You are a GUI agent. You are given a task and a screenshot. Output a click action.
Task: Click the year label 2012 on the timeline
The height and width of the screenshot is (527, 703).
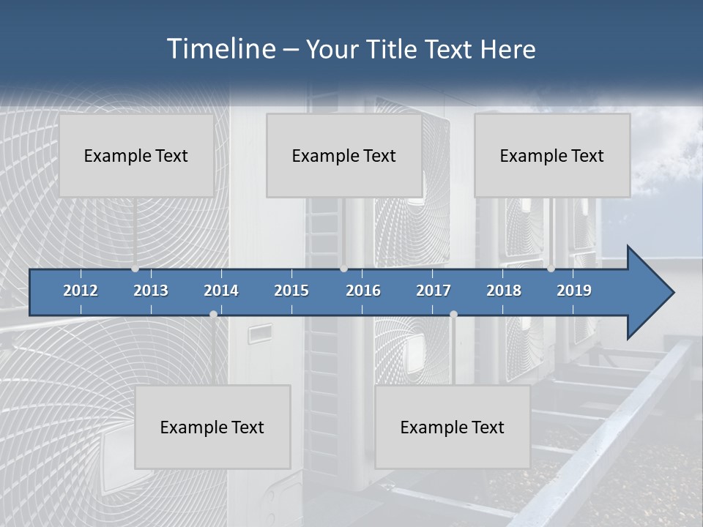tap(81, 291)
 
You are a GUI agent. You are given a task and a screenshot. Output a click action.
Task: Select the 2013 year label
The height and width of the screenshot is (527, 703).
tap(151, 291)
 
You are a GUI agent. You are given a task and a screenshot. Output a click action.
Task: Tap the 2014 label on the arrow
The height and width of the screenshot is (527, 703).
tap(221, 291)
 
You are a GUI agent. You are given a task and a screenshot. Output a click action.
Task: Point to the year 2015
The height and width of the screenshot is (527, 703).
tap(291, 291)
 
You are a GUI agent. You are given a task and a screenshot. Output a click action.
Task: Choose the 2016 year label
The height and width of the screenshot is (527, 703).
tap(363, 291)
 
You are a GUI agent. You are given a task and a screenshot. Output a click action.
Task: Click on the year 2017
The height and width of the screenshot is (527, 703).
tap(434, 291)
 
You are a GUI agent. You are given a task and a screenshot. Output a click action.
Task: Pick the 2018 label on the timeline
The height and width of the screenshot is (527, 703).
tap(504, 291)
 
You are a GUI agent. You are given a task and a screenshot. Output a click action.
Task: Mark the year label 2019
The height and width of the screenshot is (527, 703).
tap(574, 291)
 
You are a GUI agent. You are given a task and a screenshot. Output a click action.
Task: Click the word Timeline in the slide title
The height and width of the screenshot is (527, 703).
tap(220, 48)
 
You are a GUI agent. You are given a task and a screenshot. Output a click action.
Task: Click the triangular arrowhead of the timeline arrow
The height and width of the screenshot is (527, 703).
tap(649, 293)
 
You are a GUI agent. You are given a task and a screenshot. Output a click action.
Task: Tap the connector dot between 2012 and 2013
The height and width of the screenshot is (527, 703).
tap(135, 269)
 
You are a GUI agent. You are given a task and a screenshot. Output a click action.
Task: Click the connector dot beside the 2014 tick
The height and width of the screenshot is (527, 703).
tap(213, 315)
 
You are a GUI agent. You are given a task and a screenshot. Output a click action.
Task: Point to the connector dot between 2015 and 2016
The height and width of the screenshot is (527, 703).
tap(343, 269)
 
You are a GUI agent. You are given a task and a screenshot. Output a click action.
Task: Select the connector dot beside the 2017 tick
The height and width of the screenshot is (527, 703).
tap(453, 315)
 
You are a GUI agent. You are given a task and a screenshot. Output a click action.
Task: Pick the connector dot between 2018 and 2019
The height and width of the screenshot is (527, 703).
tap(551, 269)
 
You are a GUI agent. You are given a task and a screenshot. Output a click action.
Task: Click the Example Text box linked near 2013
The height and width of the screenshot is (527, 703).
tap(136, 155)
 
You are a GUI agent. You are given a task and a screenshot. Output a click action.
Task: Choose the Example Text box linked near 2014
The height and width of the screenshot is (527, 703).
tap(212, 427)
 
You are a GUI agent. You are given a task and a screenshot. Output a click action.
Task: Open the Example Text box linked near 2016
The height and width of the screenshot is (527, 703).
tap(344, 155)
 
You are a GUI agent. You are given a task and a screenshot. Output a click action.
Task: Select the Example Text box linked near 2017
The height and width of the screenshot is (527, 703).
tap(453, 427)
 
